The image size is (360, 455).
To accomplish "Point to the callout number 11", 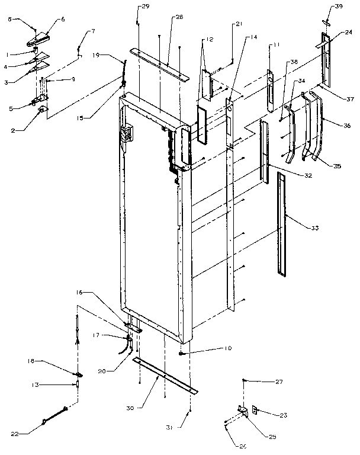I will (275, 44).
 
